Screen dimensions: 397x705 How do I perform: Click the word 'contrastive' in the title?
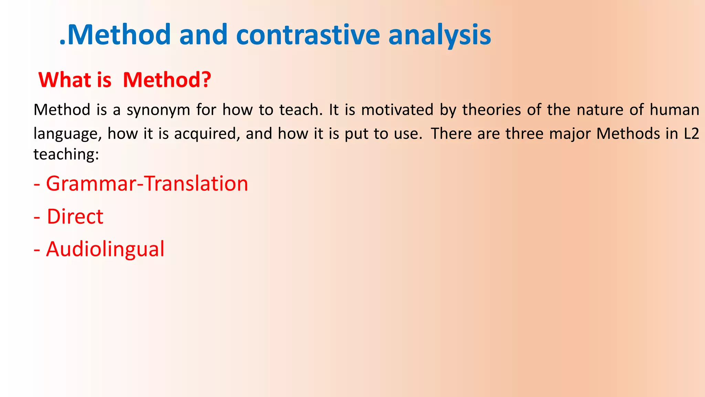(x=308, y=35)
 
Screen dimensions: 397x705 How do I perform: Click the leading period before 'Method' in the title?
(x=62, y=43)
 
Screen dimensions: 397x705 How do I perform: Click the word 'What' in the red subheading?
(x=65, y=80)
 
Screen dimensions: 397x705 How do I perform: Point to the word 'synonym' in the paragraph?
(x=158, y=110)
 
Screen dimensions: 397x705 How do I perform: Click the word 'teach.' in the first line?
(x=301, y=110)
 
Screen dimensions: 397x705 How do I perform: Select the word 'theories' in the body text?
(x=491, y=110)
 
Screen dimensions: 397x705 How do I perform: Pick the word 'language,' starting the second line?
(x=67, y=134)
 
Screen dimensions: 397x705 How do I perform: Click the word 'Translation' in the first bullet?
(x=196, y=184)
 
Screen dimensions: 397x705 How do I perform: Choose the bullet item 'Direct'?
(x=75, y=217)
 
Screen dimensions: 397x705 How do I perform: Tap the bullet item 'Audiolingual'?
(x=105, y=249)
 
